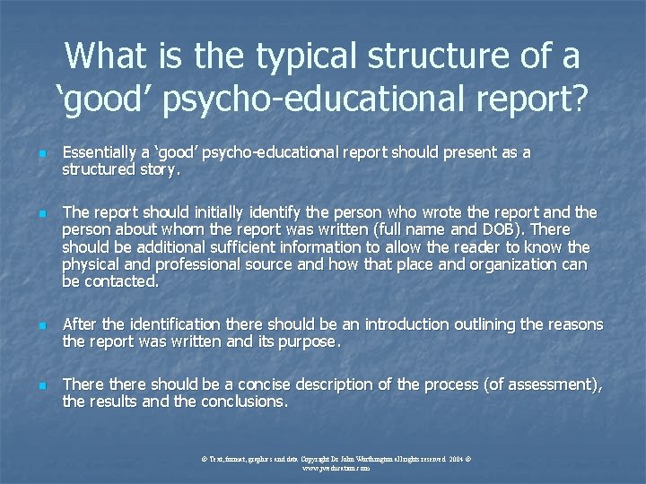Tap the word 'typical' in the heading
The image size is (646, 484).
295,57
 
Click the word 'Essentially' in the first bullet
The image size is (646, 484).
99,153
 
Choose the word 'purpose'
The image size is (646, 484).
310,341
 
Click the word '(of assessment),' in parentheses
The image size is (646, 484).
543,385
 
